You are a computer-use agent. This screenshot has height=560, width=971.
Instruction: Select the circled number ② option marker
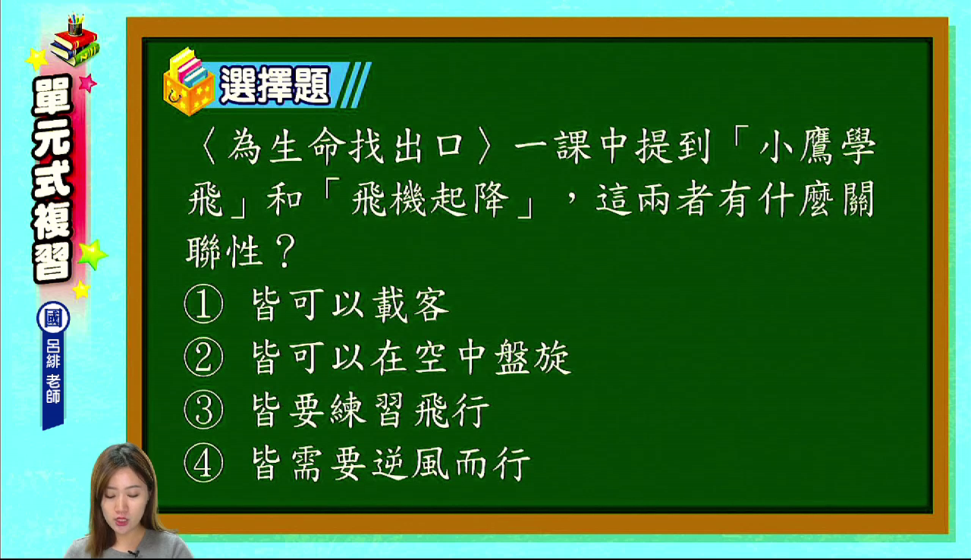point(203,357)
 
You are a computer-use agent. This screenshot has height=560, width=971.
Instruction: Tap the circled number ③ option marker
point(203,411)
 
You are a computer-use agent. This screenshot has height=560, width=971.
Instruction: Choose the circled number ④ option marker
point(203,464)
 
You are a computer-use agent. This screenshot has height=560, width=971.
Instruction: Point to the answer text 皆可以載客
point(350,305)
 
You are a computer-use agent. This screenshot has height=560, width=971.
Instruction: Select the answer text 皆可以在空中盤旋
point(411,358)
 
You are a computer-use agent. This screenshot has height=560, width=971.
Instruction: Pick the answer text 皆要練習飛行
point(370,411)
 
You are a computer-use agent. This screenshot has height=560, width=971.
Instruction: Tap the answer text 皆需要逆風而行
point(391,464)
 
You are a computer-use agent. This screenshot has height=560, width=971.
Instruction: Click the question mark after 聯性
point(284,251)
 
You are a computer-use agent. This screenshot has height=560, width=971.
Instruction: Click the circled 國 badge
point(53,318)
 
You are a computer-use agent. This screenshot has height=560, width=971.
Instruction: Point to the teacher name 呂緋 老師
point(53,370)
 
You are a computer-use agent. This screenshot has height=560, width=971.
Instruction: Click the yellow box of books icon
point(189,83)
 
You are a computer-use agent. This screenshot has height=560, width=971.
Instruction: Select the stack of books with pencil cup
point(74,40)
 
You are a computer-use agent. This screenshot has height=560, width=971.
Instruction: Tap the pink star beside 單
point(87,83)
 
